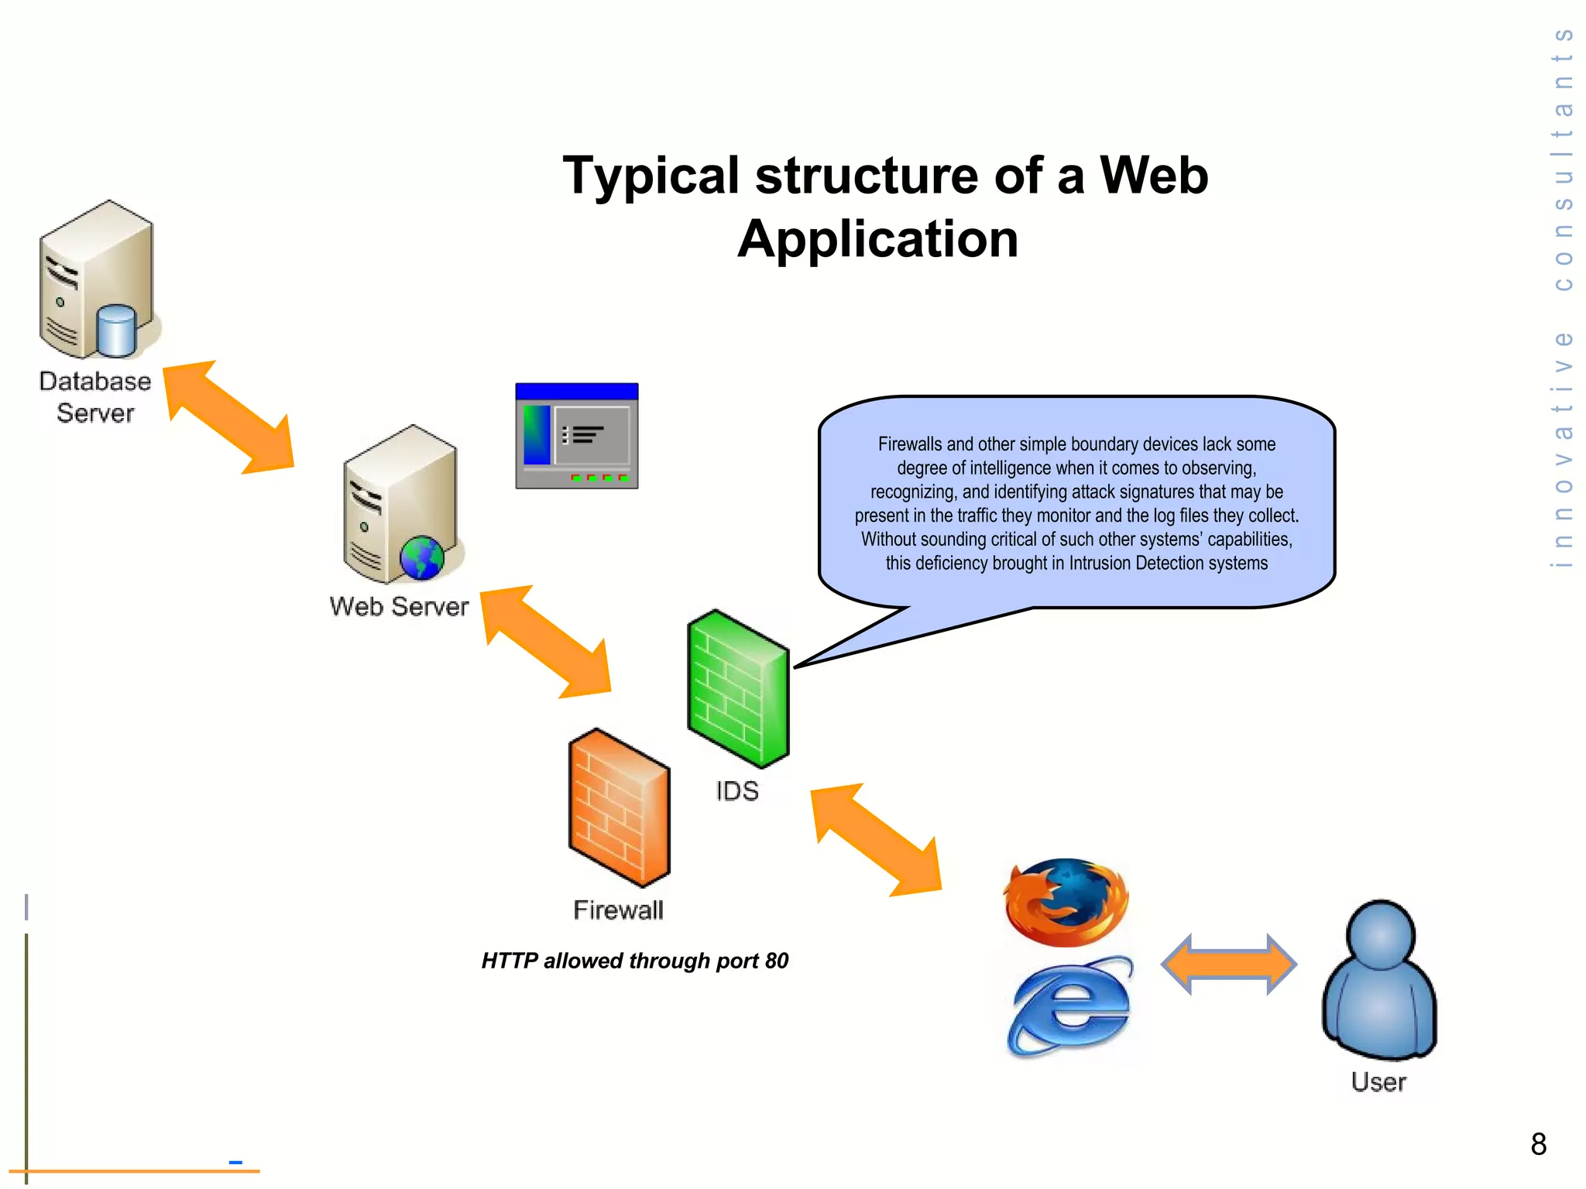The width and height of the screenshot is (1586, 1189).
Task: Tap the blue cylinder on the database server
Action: pyautogui.click(x=117, y=331)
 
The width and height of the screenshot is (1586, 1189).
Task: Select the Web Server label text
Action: pyautogui.click(x=399, y=606)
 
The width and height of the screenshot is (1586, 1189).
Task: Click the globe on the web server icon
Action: pyautogui.click(x=422, y=558)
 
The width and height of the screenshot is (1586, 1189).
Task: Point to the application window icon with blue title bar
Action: pyautogui.click(x=577, y=436)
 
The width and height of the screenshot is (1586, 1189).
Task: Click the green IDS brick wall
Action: pyautogui.click(x=738, y=688)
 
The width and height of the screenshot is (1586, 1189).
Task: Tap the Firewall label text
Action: pyautogui.click(x=618, y=910)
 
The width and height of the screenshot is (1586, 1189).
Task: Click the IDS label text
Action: pyautogui.click(x=736, y=791)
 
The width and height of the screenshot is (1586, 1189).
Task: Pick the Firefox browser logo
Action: pyautogui.click(x=1066, y=902)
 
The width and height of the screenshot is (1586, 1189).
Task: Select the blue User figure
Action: pyautogui.click(x=1379, y=979)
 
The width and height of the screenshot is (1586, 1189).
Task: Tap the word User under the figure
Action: pyautogui.click(x=1378, y=1081)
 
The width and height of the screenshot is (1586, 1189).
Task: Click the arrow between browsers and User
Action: pyautogui.click(x=1228, y=965)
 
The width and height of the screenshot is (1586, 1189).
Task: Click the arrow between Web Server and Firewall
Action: pyautogui.click(x=547, y=642)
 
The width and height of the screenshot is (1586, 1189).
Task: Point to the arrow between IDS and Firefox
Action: pyautogui.click(x=876, y=840)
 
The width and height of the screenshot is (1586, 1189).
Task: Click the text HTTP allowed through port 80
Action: pyautogui.click(x=634, y=961)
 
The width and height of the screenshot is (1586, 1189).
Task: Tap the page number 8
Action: pyautogui.click(x=1538, y=1144)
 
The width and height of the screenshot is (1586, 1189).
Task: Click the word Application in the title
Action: pyautogui.click(x=877, y=238)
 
